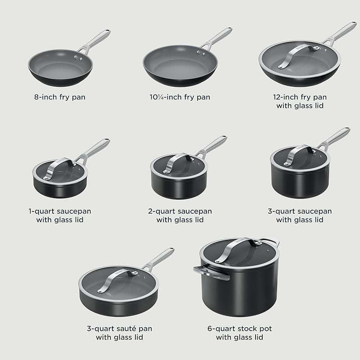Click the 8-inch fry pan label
[x=60, y=97]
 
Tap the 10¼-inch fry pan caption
[x=180, y=97]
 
